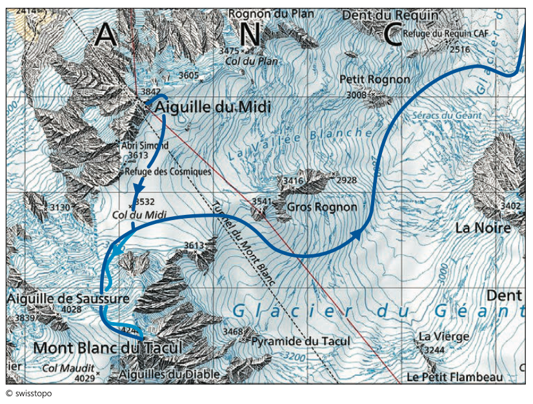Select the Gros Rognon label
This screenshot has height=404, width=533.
[321, 207]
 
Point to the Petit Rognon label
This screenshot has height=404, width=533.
[374, 79]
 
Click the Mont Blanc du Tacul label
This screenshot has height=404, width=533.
[106, 348]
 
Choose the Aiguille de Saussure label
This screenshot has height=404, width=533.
[68, 299]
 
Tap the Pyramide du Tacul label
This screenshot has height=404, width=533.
[301, 341]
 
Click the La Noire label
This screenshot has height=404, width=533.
[483, 228]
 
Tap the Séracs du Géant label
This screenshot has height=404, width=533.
[446, 116]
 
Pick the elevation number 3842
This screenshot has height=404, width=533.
[150, 92]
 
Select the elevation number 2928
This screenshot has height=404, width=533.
[347, 180]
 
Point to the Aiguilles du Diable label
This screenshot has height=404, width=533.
[170, 374]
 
